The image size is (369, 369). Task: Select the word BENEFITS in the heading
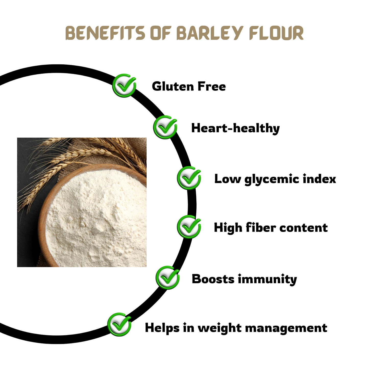105,33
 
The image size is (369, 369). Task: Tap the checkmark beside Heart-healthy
165,127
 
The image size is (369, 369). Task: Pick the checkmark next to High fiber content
189,227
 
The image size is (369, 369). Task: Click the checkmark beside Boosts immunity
168,278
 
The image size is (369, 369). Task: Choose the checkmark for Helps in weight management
119,324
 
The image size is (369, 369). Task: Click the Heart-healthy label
235,128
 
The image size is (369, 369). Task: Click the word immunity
267,279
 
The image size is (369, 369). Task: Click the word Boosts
213,279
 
